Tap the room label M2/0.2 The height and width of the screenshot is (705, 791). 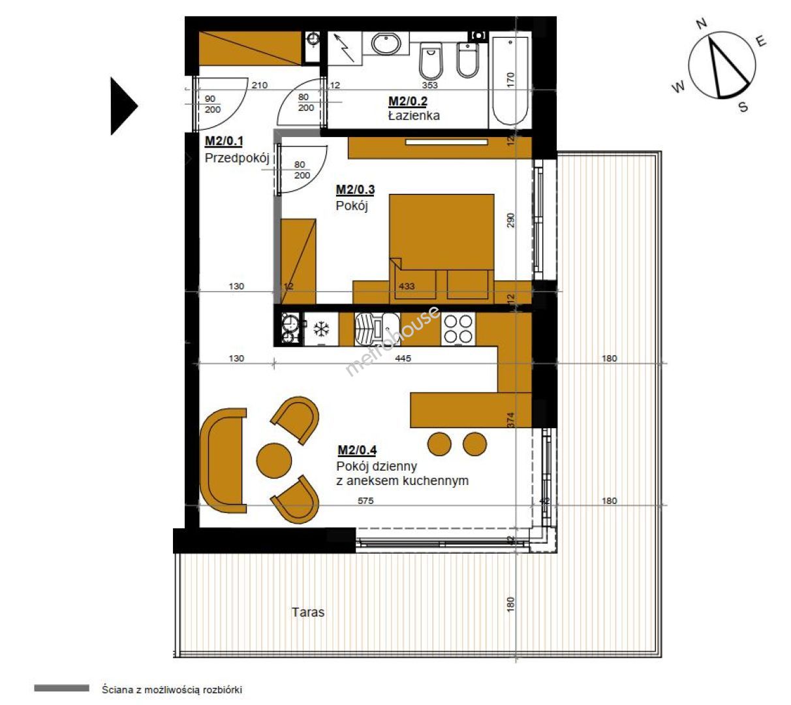click(408, 102)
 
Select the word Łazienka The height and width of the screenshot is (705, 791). click(414, 116)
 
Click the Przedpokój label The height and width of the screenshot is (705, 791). click(237, 158)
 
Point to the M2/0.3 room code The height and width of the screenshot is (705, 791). click(355, 190)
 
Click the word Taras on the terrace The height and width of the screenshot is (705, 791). click(308, 612)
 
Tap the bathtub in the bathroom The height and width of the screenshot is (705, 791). click(510, 81)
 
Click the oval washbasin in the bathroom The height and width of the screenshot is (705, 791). click(386, 43)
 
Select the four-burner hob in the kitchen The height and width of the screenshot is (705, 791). click(458, 329)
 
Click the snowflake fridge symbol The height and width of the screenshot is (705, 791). click(321, 329)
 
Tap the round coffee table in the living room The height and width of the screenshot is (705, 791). click(274, 460)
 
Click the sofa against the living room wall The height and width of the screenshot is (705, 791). click(223, 460)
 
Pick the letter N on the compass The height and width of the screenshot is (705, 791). click(702, 24)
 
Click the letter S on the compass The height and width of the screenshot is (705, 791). click(743, 106)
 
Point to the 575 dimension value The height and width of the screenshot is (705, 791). click(365, 500)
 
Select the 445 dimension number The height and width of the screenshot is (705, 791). click(403, 358)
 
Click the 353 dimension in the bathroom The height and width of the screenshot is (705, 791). click(430, 85)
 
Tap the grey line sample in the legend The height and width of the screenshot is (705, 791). click(62, 688)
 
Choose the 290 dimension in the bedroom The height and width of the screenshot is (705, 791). click(510, 220)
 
